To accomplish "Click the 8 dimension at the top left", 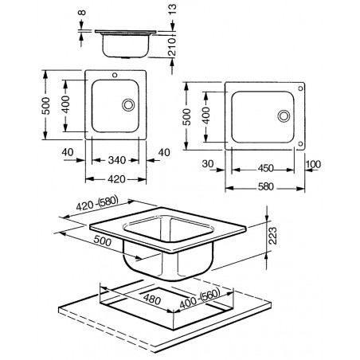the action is point(82,12).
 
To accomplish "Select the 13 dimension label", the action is point(172,10).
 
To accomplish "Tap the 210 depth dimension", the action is point(172,46).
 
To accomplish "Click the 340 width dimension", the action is point(117,160).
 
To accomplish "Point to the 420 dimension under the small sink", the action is point(116,179).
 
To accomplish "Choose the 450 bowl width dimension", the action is point(265,168).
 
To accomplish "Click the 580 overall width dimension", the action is point(265,186).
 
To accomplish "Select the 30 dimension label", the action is point(208,164).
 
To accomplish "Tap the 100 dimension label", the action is point(313,164).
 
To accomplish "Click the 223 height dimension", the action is point(272,236).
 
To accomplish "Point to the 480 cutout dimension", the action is point(152,299).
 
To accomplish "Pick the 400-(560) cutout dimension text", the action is point(200,299).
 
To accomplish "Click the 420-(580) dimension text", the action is point(97,203).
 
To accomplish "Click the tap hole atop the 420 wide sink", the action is point(115,75).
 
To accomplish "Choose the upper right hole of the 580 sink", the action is point(300,88).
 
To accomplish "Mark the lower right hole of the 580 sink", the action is point(300,144).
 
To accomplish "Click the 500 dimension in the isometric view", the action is point(103,241).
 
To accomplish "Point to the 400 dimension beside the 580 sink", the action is point(206,115).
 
